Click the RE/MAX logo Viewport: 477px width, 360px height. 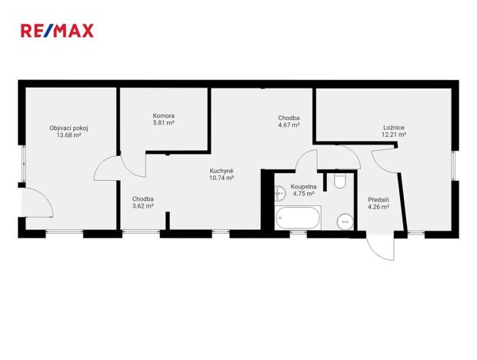56,31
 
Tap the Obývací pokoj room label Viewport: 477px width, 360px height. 68,128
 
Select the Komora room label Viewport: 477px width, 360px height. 163,115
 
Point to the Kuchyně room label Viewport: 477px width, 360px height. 222,171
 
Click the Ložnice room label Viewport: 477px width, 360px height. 394,127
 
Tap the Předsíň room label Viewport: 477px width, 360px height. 378,198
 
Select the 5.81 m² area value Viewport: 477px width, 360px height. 163,123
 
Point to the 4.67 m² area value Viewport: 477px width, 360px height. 289,125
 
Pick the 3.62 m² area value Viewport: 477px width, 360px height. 143,206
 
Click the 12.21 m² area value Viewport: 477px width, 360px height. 394,135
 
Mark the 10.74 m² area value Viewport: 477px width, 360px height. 222,178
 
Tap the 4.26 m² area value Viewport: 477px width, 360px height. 378,206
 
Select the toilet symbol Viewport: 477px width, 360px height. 339,181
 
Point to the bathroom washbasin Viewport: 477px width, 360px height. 280,194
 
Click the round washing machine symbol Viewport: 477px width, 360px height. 344,222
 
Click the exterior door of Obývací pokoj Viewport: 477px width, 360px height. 36,204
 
